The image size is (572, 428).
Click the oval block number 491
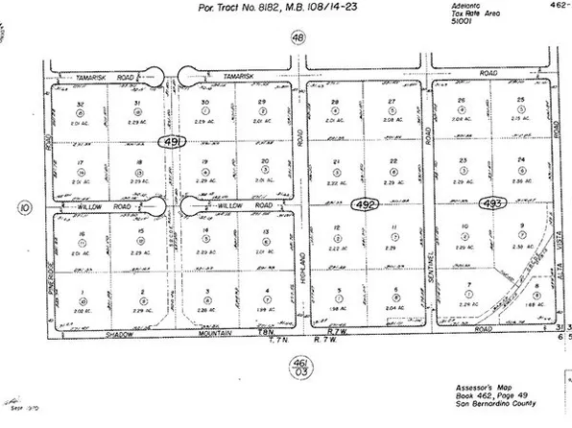pos(173,142)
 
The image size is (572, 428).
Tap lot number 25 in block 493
pos(520,100)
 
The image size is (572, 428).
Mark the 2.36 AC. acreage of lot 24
pos(521,179)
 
